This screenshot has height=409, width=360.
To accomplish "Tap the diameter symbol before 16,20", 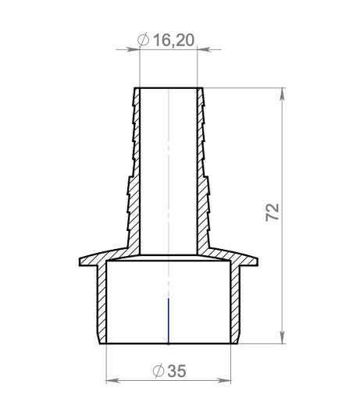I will click(x=143, y=40).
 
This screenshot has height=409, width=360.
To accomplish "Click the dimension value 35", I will click(x=177, y=372).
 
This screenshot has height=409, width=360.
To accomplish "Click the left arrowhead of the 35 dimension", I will click(x=110, y=381).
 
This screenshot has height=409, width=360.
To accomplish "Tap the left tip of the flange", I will click(x=78, y=261).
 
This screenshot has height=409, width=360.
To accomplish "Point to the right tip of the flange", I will click(x=260, y=261).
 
